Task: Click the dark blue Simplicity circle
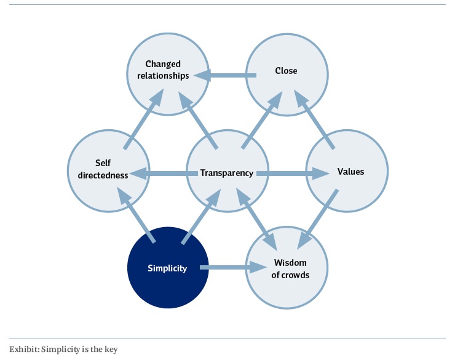pyautogui.click(x=167, y=268)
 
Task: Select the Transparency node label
pyautogui.click(x=227, y=173)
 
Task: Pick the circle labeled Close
pyautogui.click(x=286, y=71)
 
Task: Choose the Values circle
pyautogui.click(x=349, y=172)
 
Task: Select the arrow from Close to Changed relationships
pyautogui.click(x=226, y=76)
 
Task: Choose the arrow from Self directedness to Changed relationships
pyautogui.click(x=144, y=119)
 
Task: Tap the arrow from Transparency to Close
pyautogui.click(x=262, y=119)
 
